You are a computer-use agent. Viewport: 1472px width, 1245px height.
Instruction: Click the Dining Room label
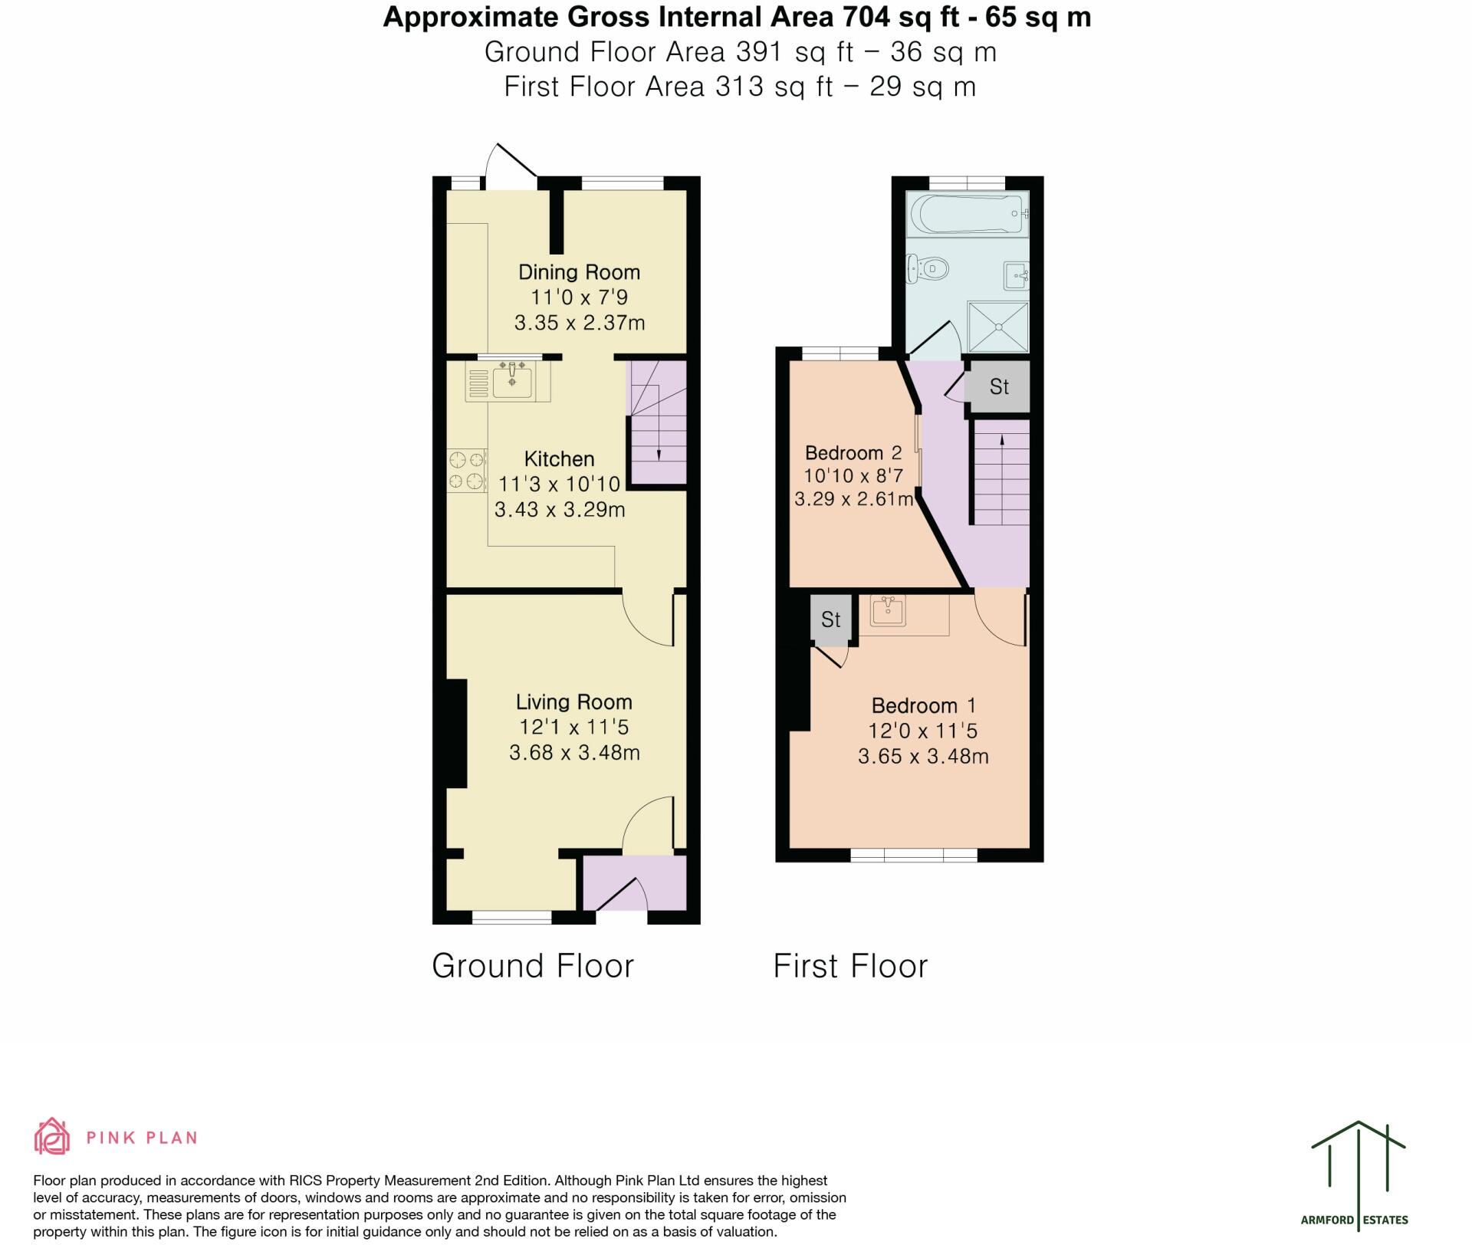pos(579,272)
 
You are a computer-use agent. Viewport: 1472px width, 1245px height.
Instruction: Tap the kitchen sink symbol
pos(511,380)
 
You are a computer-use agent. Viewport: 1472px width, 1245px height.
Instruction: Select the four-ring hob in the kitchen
pos(467,470)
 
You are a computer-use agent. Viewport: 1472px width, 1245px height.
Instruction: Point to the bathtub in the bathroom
pos(966,213)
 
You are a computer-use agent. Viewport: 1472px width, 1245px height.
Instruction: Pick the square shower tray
pos(997,327)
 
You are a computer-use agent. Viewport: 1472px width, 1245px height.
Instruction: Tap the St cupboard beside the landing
pos(998,386)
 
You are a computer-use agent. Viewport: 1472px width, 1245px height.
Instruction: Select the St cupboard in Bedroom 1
pos(830,619)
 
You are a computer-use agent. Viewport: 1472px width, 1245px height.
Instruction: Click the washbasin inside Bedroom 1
pos(889,611)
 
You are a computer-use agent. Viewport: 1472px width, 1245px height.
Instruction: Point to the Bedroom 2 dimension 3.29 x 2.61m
pos(853,500)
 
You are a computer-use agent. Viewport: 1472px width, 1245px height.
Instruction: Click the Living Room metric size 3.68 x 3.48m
pos(574,753)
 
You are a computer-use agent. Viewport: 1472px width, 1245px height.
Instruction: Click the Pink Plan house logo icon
pos(52,1136)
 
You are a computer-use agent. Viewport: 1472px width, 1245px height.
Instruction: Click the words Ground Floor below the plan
pos(533,966)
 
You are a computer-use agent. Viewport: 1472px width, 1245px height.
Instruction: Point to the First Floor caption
pos(850,966)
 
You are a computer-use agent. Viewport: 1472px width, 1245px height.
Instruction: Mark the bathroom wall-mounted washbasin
pos(1016,274)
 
